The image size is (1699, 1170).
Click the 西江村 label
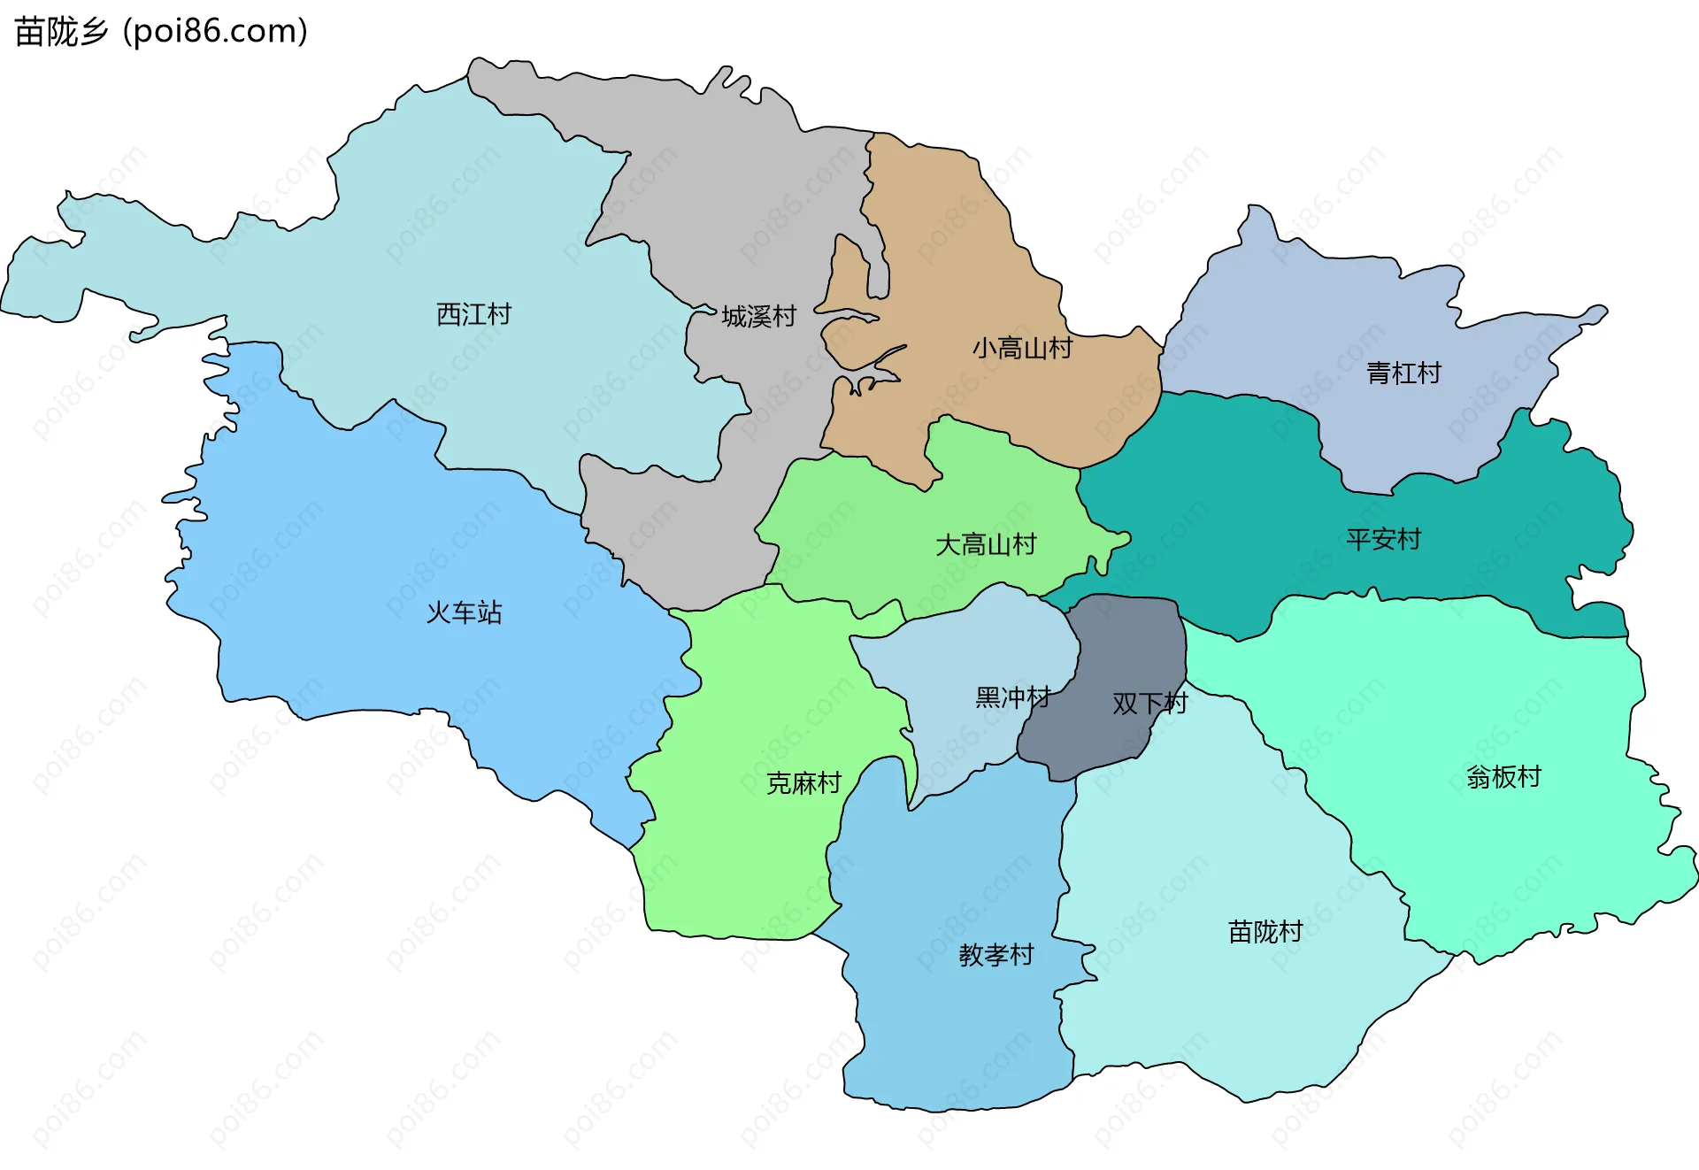point(473,314)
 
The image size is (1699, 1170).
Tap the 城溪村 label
point(758,316)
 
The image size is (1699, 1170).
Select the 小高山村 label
point(1022,348)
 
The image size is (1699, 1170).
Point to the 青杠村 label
point(1403,373)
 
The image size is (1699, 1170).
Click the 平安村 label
point(1383,539)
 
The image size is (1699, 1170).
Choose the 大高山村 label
point(986,544)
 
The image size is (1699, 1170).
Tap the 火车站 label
point(464,612)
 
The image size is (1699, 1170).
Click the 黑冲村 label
point(1012,697)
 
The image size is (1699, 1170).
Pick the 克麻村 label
point(803,783)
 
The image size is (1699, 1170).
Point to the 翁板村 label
point(1503,777)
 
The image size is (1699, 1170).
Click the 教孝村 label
point(996,955)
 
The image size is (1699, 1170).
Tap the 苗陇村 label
point(1265,932)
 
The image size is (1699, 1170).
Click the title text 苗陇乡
point(61,32)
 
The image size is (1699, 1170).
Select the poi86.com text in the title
point(215,32)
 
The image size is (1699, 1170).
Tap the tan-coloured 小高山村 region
point(956,266)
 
